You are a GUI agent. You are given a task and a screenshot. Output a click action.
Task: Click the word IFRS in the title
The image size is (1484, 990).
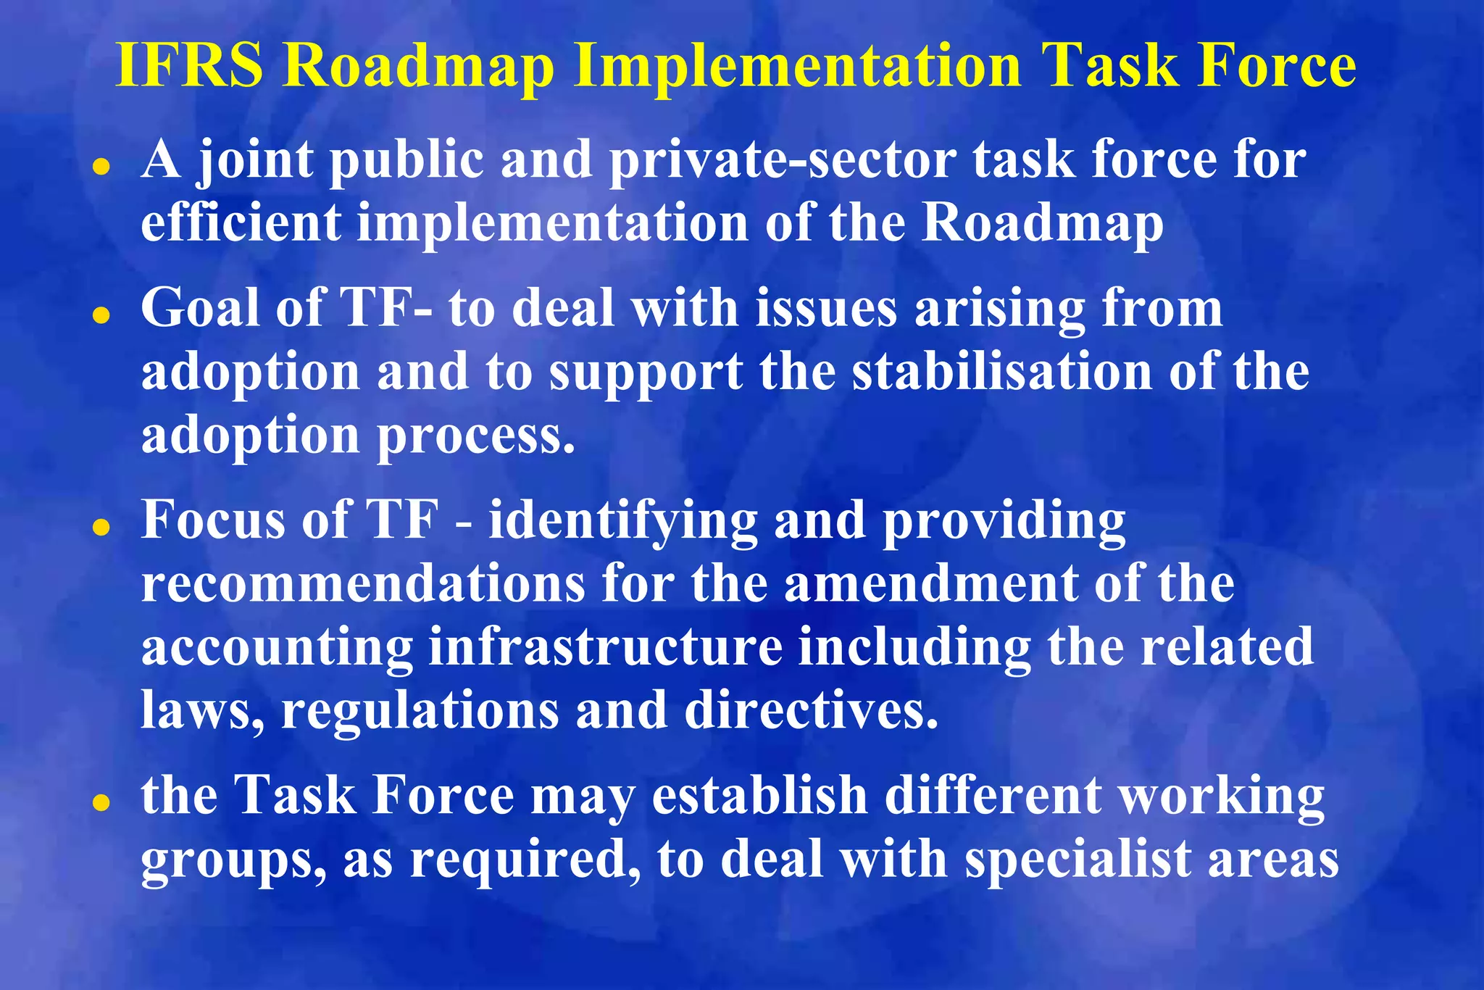(190, 67)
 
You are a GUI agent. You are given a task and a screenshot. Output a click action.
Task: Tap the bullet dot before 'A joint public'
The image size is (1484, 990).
(102, 167)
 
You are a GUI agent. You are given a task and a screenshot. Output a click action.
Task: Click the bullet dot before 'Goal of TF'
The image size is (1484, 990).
(102, 316)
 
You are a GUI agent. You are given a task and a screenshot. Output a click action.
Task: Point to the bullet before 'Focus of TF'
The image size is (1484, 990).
(102, 528)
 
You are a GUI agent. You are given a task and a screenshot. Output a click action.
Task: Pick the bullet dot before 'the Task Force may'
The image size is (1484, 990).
(102, 803)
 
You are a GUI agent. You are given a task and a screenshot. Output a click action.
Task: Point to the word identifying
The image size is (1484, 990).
(622, 522)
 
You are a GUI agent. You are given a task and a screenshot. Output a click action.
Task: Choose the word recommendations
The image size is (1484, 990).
(363, 583)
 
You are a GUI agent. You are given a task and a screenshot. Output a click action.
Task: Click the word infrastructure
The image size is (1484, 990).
(606, 646)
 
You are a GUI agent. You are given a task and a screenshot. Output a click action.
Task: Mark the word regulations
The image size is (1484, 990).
(420, 711)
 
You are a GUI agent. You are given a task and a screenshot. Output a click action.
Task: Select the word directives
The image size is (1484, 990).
(811, 710)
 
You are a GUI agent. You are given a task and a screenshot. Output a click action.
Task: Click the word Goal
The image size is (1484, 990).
(200, 309)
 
